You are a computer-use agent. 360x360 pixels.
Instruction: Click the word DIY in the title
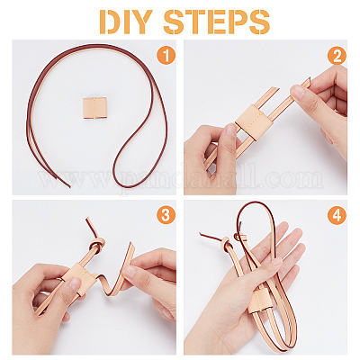click(126, 22)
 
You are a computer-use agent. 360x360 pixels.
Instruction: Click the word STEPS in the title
click(217, 22)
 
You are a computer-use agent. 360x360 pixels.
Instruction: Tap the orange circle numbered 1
click(166, 55)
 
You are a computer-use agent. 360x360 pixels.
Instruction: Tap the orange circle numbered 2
click(337, 56)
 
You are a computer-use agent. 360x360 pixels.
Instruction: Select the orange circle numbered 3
click(166, 214)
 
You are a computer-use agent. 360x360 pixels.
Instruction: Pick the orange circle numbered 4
click(337, 215)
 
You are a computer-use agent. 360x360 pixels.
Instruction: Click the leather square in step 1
click(94, 108)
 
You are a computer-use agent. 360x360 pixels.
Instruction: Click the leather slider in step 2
click(254, 121)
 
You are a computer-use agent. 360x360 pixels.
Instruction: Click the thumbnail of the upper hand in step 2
click(297, 92)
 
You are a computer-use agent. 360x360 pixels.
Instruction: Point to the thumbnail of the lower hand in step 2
click(231, 131)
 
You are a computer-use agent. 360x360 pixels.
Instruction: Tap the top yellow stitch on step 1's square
click(94, 99)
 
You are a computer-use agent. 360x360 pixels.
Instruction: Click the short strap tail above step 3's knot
click(90, 227)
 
